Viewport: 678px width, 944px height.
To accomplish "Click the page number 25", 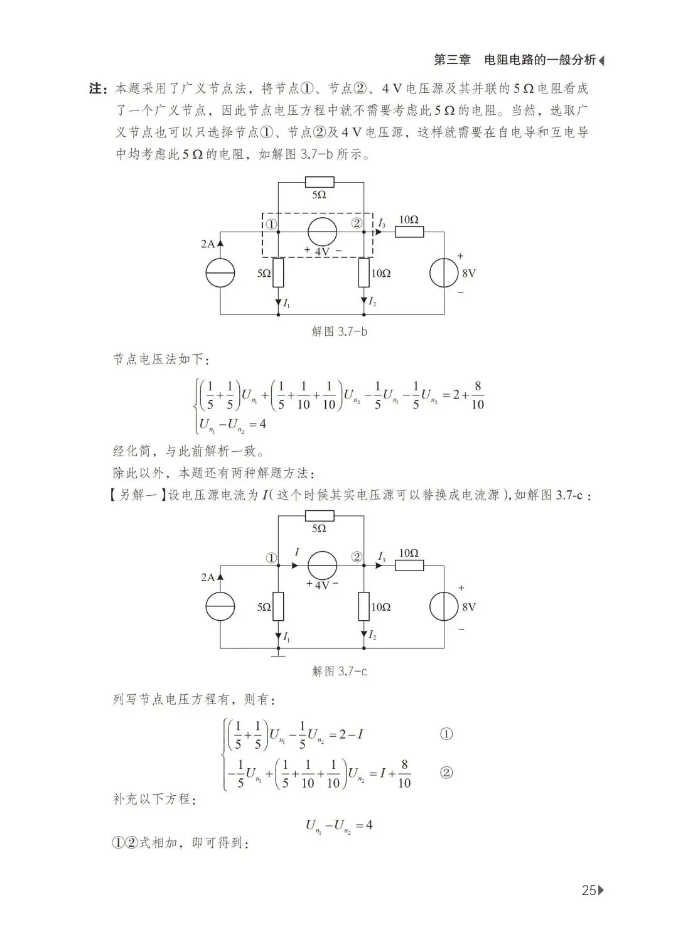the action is pyautogui.click(x=589, y=890).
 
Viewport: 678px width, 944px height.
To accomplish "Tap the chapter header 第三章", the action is pyautogui.click(x=452, y=60).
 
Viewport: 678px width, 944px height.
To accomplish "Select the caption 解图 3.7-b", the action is pyautogui.click(x=339, y=331).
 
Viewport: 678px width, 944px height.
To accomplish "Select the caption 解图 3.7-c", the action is pyautogui.click(x=339, y=671).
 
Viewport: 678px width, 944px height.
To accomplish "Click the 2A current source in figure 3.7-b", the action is pyautogui.click(x=220, y=274).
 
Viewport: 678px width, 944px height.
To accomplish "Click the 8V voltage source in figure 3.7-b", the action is pyautogui.click(x=444, y=274).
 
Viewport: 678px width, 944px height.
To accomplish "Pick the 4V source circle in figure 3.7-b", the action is pyautogui.click(x=322, y=232).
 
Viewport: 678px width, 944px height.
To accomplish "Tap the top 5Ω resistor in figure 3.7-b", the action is pyautogui.click(x=320, y=183).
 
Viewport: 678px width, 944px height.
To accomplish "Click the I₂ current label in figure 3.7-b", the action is pyautogui.click(x=372, y=303).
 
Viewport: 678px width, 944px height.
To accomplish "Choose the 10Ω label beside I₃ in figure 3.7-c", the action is pyautogui.click(x=408, y=553).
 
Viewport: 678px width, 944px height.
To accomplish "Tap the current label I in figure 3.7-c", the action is pyautogui.click(x=296, y=552).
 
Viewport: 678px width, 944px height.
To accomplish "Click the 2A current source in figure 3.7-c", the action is pyautogui.click(x=220, y=607).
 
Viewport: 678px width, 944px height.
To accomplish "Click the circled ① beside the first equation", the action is pyautogui.click(x=446, y=734).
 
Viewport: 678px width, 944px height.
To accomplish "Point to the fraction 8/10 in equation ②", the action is pyautogui.click(x=404, y=773).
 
